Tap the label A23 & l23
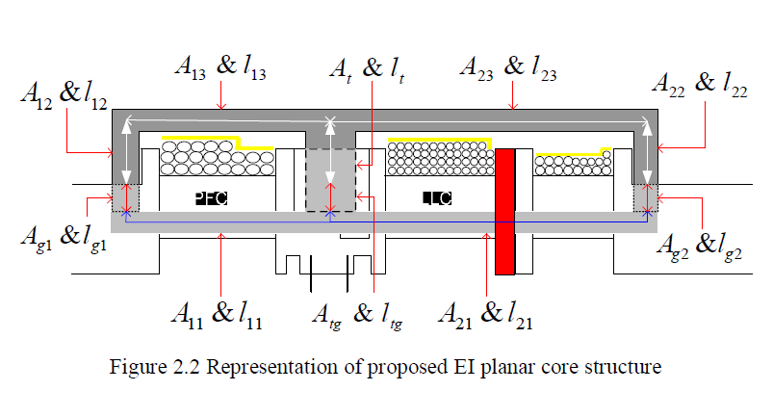coord(507,68)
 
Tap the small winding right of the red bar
coord(572,164)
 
